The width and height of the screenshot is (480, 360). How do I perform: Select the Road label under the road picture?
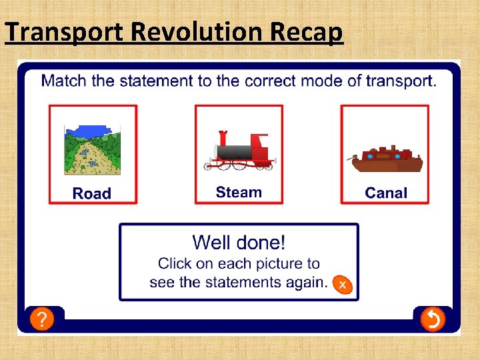pos(92,193)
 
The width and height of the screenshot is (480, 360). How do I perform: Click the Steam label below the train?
pos(239,192)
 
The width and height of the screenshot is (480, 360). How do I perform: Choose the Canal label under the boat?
pos(385,193)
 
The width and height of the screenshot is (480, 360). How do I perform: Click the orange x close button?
pos(342,285)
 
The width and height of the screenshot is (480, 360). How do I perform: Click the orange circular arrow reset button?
pos(432,320)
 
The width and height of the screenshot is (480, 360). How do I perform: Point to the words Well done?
pos(239,242)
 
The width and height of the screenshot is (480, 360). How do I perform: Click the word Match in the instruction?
pos(64,81)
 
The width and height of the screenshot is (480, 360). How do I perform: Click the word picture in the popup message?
pos(279,263)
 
